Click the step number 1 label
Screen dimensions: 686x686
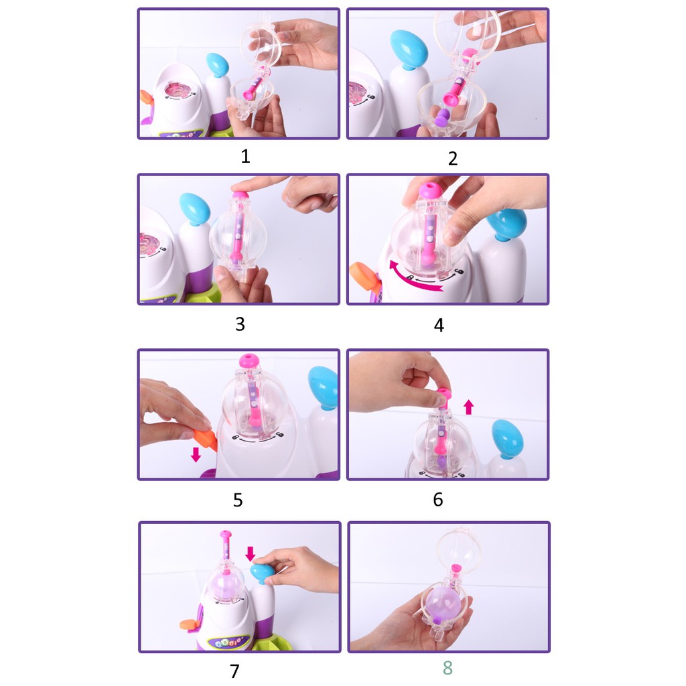point(245,156)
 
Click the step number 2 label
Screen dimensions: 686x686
point(453,158)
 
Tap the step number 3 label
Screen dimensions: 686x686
point(240,324)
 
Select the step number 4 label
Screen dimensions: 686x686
point(439,325)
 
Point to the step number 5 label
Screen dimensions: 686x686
point(238,500)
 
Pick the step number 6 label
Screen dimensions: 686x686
point(438,499)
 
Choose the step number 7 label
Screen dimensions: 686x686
point(235,671)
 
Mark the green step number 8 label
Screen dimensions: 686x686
point(448,668)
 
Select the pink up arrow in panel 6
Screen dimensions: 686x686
point(468,407)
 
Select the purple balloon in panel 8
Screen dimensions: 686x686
point(443,602)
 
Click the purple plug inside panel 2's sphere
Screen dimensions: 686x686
point(443,118)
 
